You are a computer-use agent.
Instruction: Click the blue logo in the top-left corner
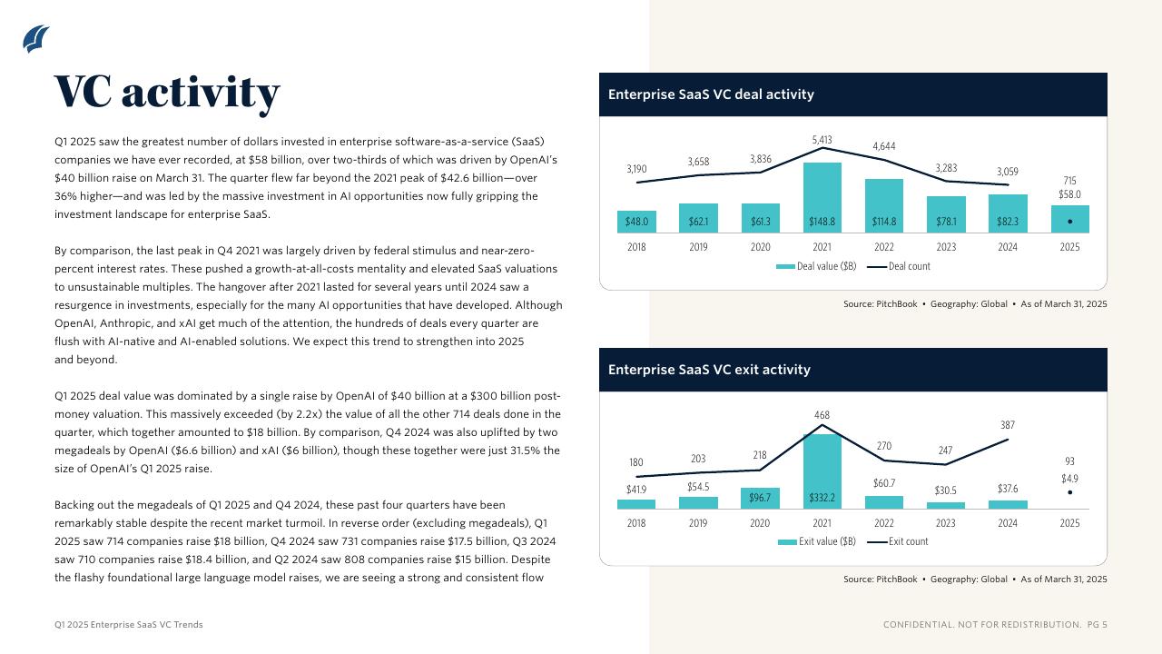(35, 39)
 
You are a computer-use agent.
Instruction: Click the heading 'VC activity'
(167, 92)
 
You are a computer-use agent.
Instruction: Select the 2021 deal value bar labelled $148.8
(822, 198)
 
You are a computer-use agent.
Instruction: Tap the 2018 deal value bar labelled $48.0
(636, 222)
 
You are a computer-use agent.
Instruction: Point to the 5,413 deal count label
(822, 140)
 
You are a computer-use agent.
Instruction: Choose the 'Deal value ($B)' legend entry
(816, 266)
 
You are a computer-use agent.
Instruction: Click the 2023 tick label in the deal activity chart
(945, 247)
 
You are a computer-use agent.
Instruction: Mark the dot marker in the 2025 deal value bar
(1070, 222)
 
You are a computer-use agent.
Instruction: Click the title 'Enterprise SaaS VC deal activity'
(711, 94)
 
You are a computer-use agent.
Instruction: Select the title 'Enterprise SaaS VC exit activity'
(709, 370)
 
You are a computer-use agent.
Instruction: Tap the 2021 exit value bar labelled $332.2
(822, 472)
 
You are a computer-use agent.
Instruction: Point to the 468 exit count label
(822, 415)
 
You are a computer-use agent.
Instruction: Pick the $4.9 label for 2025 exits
(1069, 479)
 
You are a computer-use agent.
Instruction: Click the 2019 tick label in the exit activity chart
(698, 523)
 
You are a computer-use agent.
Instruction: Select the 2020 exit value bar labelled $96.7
(760, 498)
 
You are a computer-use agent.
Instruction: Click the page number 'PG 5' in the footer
(1097, 625)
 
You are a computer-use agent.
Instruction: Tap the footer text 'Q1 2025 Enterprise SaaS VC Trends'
(129, 625)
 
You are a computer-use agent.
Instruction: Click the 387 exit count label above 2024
(1008, 425)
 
